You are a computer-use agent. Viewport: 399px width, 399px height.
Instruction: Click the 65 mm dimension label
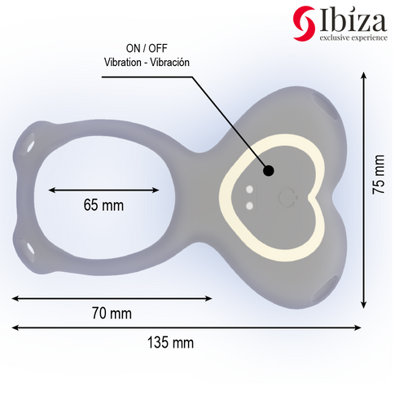103,205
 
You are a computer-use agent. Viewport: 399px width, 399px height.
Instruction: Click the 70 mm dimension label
111,313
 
